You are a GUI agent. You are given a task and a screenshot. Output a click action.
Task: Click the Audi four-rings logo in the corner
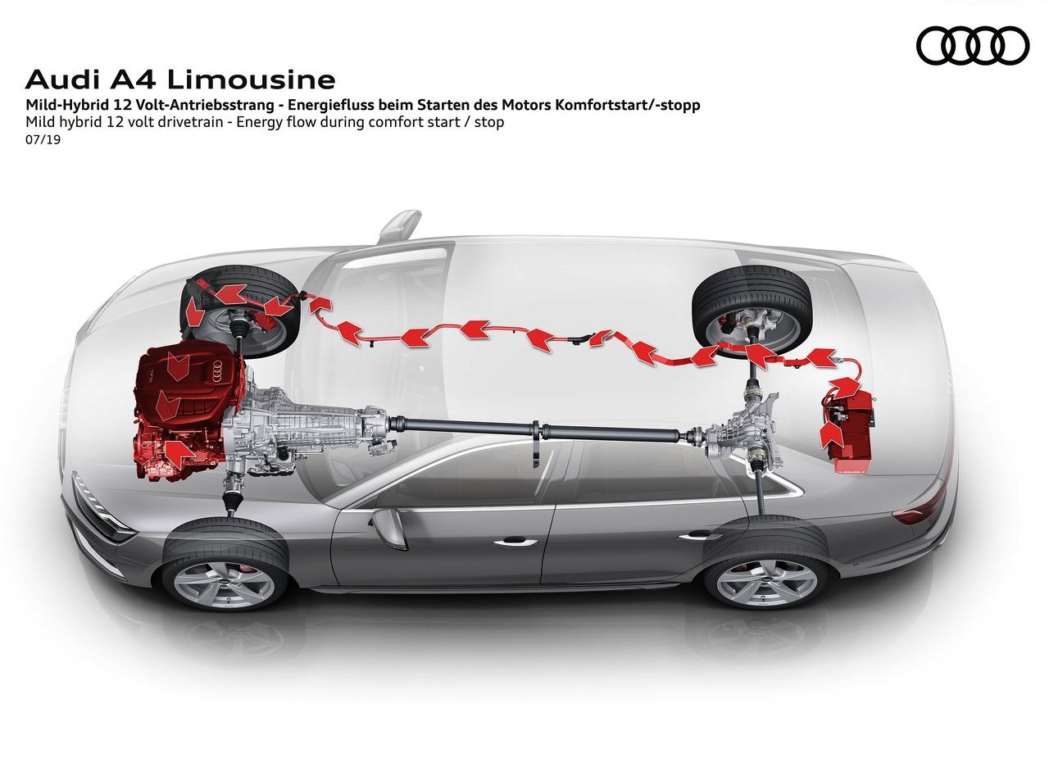pos(973,45)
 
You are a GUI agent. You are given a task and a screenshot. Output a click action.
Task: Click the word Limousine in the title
pos(251,80)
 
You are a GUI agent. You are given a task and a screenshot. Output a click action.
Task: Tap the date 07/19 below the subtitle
pos(43,139)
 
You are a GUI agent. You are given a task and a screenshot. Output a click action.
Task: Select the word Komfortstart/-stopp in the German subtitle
pos(628,105)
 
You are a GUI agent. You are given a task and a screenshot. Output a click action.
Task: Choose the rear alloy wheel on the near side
pos(766,582)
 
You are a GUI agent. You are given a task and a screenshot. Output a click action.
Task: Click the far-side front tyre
pos(240,311)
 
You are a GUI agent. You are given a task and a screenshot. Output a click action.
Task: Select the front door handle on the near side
pos(515,542)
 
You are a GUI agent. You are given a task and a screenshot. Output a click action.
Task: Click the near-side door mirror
pos(388,528)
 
